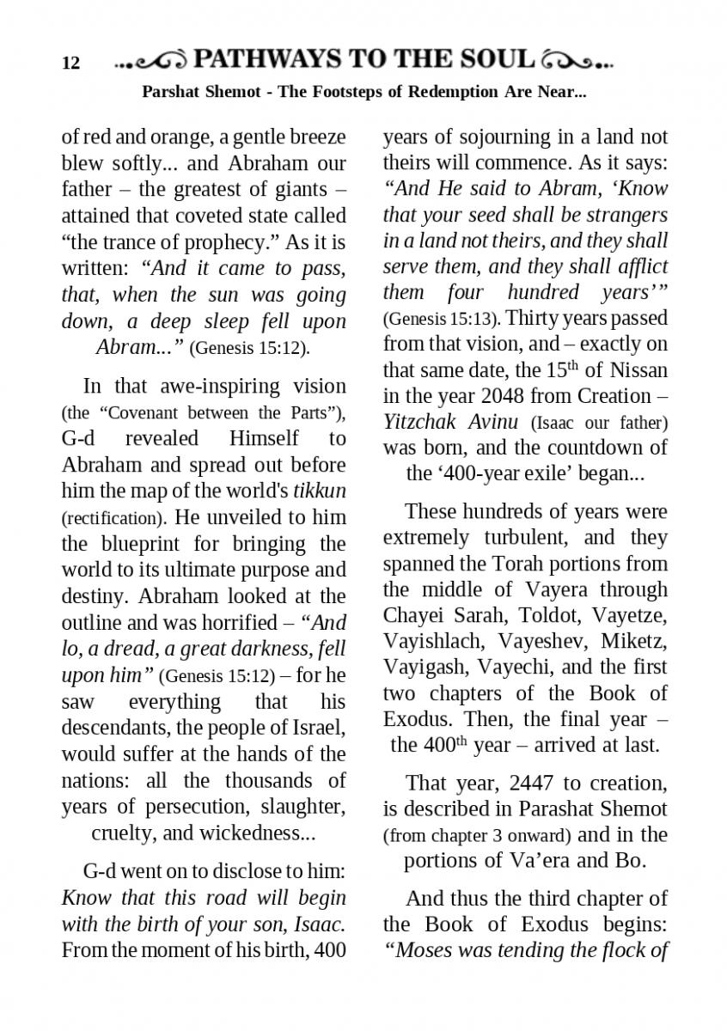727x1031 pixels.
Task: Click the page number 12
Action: pos(70,63)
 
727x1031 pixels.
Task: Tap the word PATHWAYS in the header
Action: pos(267,59)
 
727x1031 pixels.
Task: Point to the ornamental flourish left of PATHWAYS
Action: pos(152,61)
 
